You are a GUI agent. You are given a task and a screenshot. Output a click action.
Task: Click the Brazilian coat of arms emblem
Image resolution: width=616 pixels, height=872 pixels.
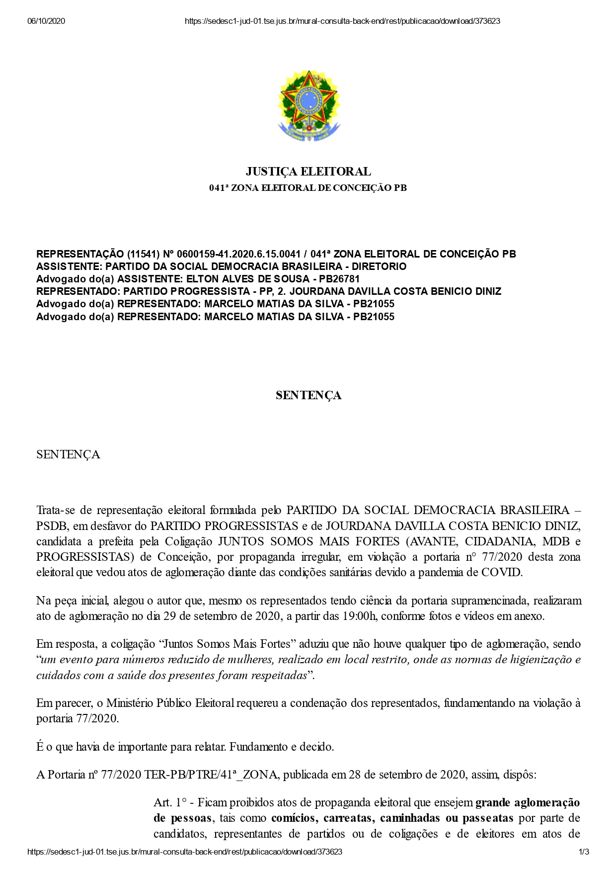[x=308, y=106]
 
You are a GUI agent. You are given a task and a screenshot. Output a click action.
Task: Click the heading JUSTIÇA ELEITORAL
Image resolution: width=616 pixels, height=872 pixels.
[x=308, y=172]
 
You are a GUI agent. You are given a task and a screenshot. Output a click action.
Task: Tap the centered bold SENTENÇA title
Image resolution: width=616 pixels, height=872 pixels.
[x=308, y=396]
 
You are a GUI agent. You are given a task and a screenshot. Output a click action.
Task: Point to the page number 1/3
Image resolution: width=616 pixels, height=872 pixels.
[x=584, y=852]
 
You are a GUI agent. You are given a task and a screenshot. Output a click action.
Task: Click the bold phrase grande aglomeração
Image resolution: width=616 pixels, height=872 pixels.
[x=528, y=802]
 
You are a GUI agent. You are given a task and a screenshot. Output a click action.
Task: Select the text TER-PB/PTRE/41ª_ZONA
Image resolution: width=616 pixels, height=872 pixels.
[x=212, y=775]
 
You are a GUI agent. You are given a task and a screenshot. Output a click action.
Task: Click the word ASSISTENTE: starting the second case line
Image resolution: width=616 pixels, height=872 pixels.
[x=69, y=266]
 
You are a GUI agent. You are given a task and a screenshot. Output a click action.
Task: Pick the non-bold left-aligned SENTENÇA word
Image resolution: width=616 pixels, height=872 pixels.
[x=68, y=455]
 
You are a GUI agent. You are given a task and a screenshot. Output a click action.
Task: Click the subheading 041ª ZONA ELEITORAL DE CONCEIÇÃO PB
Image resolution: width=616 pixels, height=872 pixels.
[x=308, y=188]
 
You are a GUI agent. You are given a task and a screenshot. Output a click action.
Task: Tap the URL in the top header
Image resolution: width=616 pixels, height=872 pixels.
[x=342, y=21]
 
